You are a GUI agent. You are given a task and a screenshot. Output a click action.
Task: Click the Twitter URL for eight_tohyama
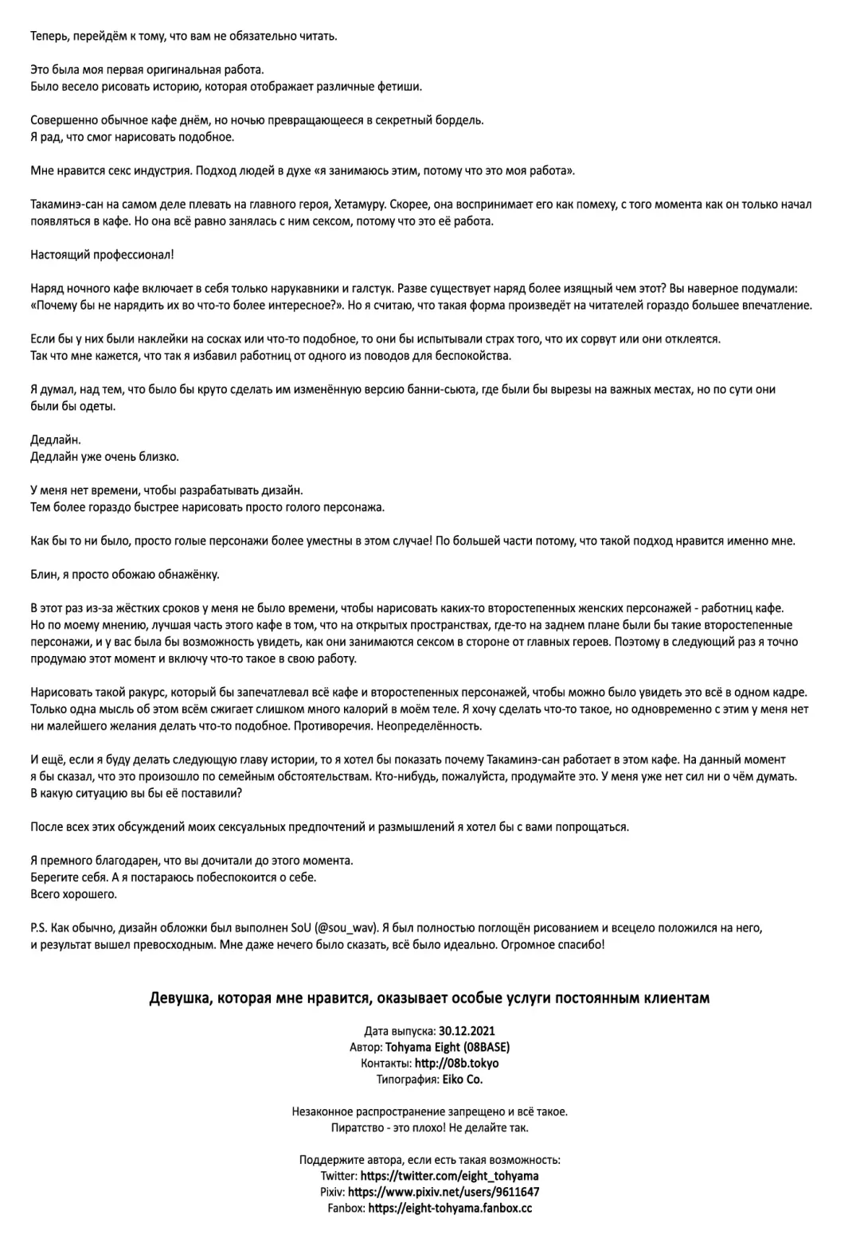449,1176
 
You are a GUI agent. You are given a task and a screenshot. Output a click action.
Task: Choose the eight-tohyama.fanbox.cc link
451,1209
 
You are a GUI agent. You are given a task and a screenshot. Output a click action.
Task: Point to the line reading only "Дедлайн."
56,439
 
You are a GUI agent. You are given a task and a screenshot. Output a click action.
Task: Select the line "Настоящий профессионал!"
102,255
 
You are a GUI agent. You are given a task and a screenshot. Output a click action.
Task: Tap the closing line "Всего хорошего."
73,894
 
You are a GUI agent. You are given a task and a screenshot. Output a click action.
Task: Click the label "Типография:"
407,1080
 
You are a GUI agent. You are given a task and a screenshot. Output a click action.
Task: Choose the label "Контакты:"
385,1064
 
